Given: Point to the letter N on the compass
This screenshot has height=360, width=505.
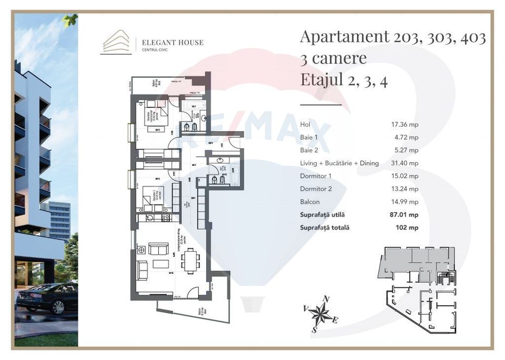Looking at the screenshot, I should click(x=326, y=299).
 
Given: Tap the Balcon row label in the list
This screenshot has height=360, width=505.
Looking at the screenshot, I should click(x=309, y=202).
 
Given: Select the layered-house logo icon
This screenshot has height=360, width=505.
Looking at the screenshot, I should click(x=116, y=42).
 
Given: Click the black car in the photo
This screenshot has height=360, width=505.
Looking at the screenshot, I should click(x=47, y=298).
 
